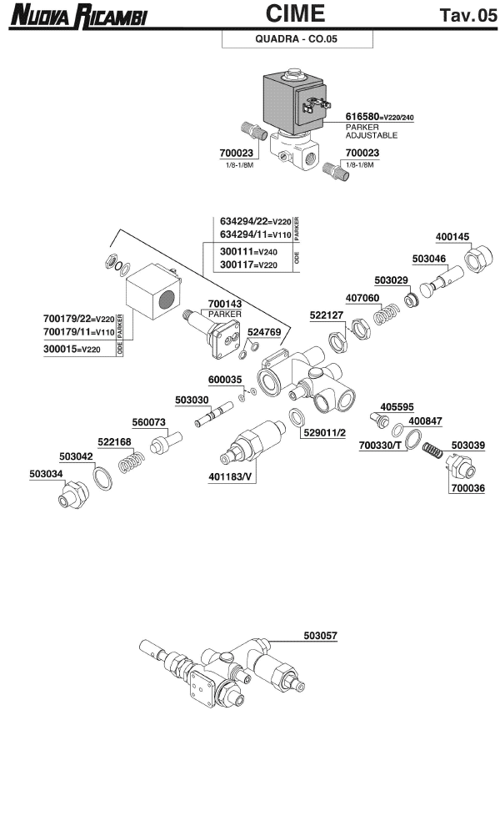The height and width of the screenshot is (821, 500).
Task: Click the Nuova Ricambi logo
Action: pos(76,16)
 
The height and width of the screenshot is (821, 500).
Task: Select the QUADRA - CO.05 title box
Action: pos(296,39)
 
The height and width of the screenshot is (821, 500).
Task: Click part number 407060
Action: pos(364,297)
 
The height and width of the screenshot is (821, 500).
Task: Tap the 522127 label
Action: pos(327,315)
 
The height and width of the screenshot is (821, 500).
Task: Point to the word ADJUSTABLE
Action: pos(372,135)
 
